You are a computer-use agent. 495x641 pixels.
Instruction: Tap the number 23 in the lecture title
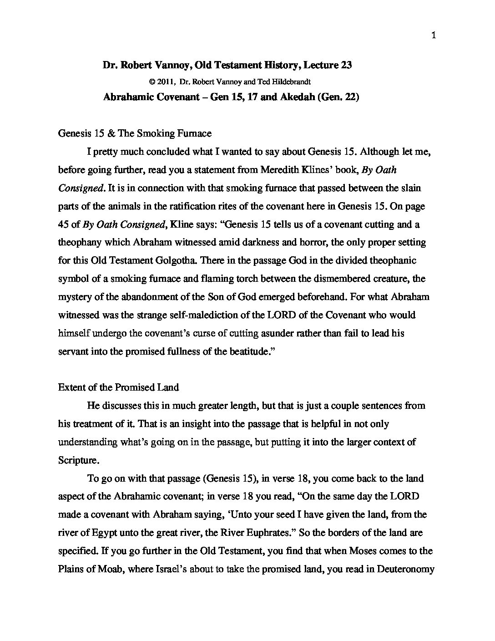(345, 65)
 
